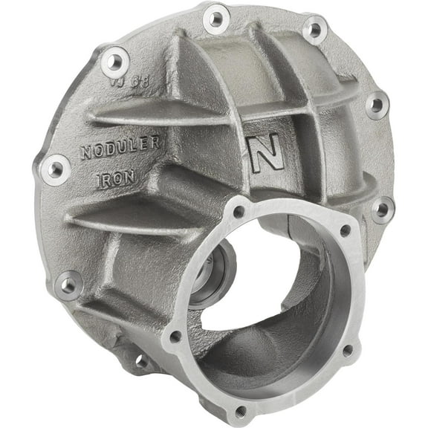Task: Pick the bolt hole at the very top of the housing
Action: click(x=216, y=16)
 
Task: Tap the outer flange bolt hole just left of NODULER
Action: click(x=55, y=169)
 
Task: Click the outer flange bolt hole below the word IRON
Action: click(x=70, y=283)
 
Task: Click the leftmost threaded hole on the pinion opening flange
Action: click(x=175, y=337)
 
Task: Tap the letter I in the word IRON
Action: click(x=98, y=180)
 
